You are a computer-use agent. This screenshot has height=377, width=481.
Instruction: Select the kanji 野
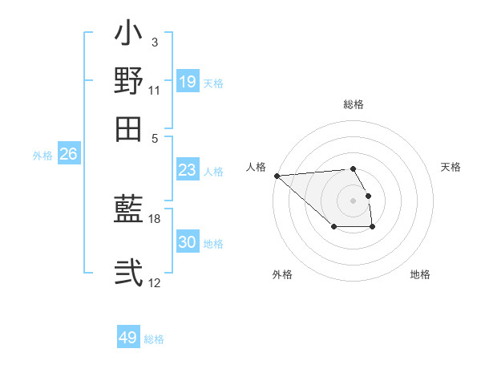coord(129,81)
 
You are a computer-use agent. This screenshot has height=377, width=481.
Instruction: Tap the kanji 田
coord(129,128)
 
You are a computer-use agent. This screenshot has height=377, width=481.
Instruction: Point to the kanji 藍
coord(129,209)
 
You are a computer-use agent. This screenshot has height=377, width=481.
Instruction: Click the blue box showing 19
coord(188,81)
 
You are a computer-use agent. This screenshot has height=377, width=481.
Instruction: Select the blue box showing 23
coord(188,170)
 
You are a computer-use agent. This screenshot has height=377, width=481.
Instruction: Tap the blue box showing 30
coord(188,242)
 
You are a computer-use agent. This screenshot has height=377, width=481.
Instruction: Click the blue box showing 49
coord(128,338)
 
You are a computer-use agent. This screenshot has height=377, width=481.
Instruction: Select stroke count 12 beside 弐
coord(155,282)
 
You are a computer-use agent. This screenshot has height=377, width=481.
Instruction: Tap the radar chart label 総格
coord(353,104)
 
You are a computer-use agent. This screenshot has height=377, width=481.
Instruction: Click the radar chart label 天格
coord(451,167)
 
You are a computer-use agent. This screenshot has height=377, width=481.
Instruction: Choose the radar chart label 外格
coord(282,274)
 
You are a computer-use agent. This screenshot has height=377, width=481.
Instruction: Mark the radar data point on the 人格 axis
coord(277,175)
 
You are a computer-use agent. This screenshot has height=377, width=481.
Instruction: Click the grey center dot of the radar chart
coord(353,200)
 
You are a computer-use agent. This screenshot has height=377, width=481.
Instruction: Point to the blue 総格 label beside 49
coord(154,339)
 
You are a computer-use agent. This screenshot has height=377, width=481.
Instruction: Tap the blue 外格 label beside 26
coord(42,156)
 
